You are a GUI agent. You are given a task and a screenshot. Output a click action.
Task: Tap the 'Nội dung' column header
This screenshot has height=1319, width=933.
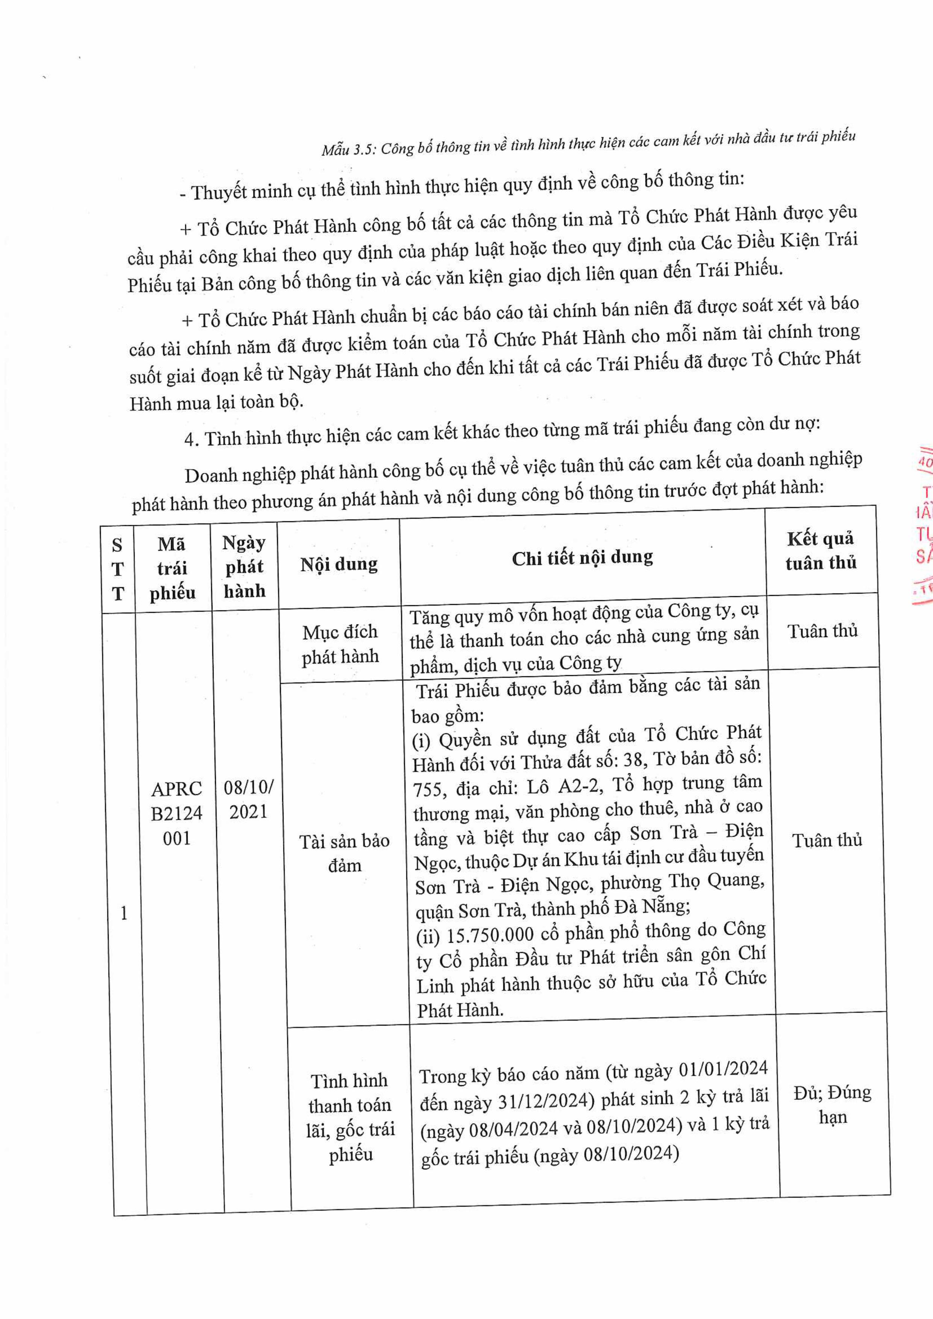(339, 564)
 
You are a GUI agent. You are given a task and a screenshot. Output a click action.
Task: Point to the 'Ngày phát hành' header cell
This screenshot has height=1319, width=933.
(244, 566)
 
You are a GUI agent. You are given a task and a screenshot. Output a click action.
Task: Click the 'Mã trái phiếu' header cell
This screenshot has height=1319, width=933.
(172, 568)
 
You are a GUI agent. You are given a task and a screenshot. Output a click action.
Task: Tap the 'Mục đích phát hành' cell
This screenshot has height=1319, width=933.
(340, 644)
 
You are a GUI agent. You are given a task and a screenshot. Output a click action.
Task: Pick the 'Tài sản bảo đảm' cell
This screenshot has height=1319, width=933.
(344, 853)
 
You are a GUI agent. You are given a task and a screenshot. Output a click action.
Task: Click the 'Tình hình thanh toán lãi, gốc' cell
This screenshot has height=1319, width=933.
(350, 1118)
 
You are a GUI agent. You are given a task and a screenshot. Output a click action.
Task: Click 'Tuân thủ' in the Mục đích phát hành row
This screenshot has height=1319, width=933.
(822, 631)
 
